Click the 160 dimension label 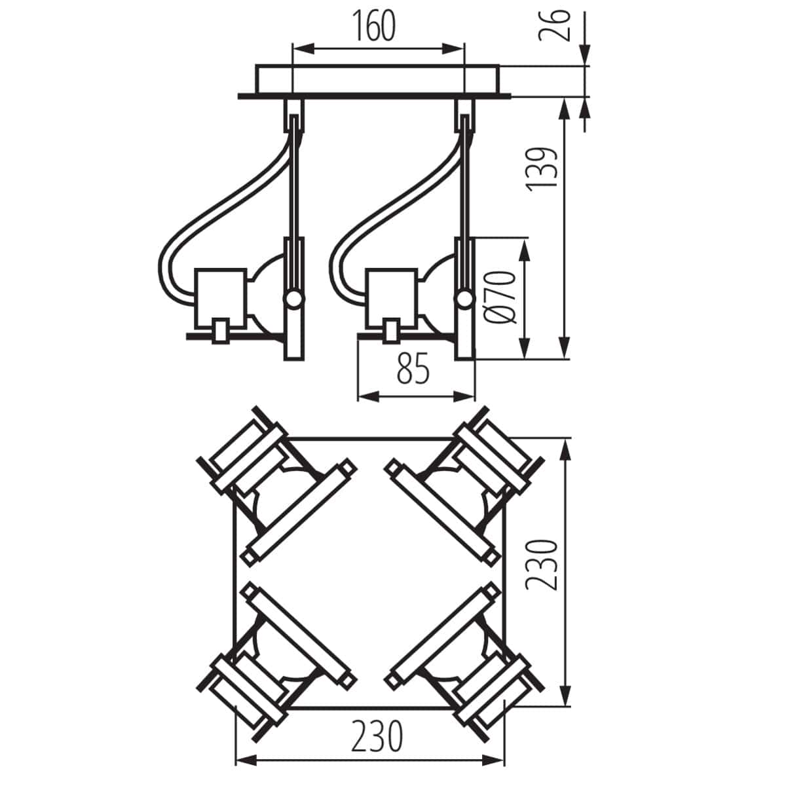pos(377,27)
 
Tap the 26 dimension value pos(552,26)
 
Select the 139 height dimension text pos(542,169)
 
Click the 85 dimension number pos(413,371)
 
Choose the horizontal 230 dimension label pos(376,737)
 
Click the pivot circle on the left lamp pos(293,300)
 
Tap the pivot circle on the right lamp pos(465,300)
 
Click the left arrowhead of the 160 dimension pos(301,48)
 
